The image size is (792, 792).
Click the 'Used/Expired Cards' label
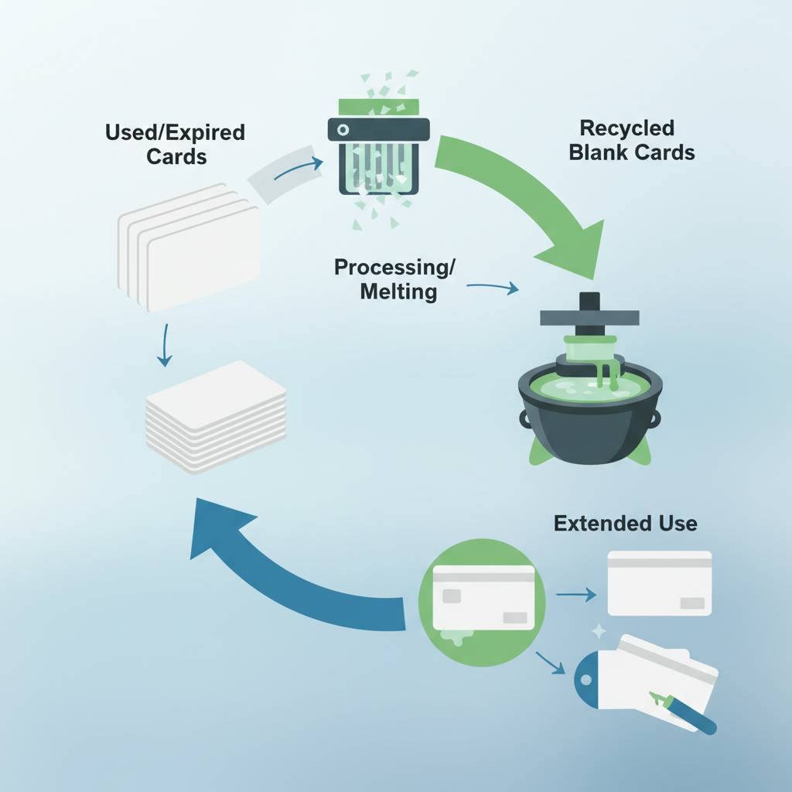175,144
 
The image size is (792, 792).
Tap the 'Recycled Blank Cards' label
631,140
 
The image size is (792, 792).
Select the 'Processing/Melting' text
395,280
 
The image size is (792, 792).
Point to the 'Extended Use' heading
625,524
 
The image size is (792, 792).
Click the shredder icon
377,155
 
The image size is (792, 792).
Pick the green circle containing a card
481,595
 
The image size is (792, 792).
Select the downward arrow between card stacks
163,346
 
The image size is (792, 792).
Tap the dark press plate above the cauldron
590,316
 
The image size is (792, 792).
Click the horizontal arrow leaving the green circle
576,594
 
